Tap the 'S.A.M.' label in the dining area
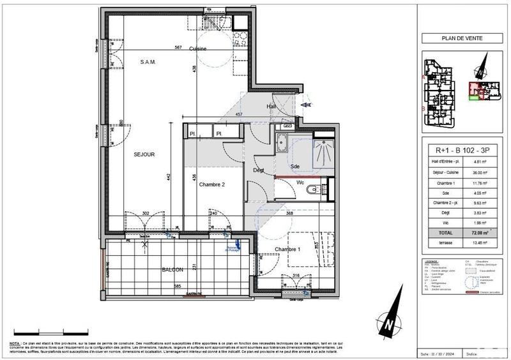click(x=148, y=62)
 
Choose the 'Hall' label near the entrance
click(x=271, y=107)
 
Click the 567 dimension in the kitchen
click(x=179, y=47)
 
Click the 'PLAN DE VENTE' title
click(x=462, y=38)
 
